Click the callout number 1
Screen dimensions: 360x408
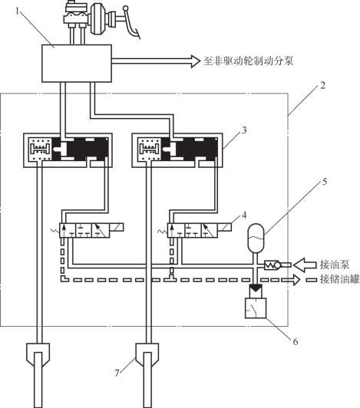(18, 12)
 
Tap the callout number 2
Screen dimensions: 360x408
(322, 85)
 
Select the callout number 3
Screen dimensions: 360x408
(244, 130)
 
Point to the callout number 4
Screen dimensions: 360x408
(244, 216)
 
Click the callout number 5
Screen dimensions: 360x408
(325, 182)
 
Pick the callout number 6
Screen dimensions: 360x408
(296, 341)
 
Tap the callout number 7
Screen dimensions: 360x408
(117, 373)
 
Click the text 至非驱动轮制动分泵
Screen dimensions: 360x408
(248, 61)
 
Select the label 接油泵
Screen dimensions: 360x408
(335, 265)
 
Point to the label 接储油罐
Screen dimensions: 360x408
(340, 279)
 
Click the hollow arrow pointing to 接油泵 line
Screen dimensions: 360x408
(305, 265)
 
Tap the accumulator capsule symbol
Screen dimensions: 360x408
(256, 238)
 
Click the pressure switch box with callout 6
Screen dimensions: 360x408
(256, 308)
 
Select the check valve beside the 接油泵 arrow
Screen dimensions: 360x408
(272, 265)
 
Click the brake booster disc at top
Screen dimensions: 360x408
(97, 18)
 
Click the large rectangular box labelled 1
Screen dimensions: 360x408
(77, 63)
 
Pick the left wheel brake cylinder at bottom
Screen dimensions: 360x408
(38, 375)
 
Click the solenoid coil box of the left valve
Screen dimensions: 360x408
(117, 228)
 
